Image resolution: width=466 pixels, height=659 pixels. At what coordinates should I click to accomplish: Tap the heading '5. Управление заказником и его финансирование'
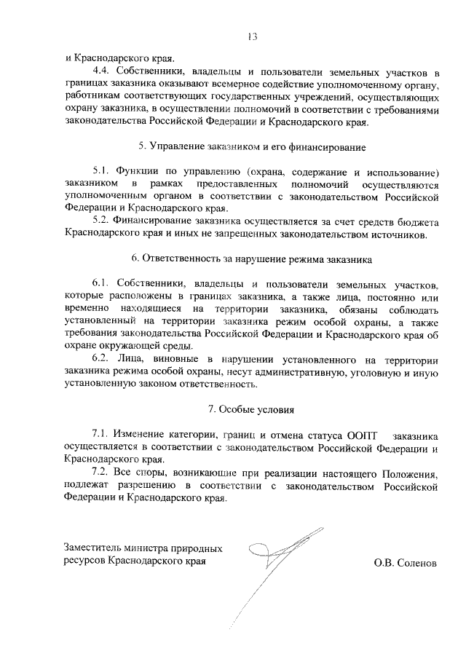coord(253,148)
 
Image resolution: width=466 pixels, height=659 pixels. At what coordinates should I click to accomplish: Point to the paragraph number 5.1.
coord(106,173)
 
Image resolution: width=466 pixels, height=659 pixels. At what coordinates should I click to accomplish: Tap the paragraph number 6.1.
coord(106,283)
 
